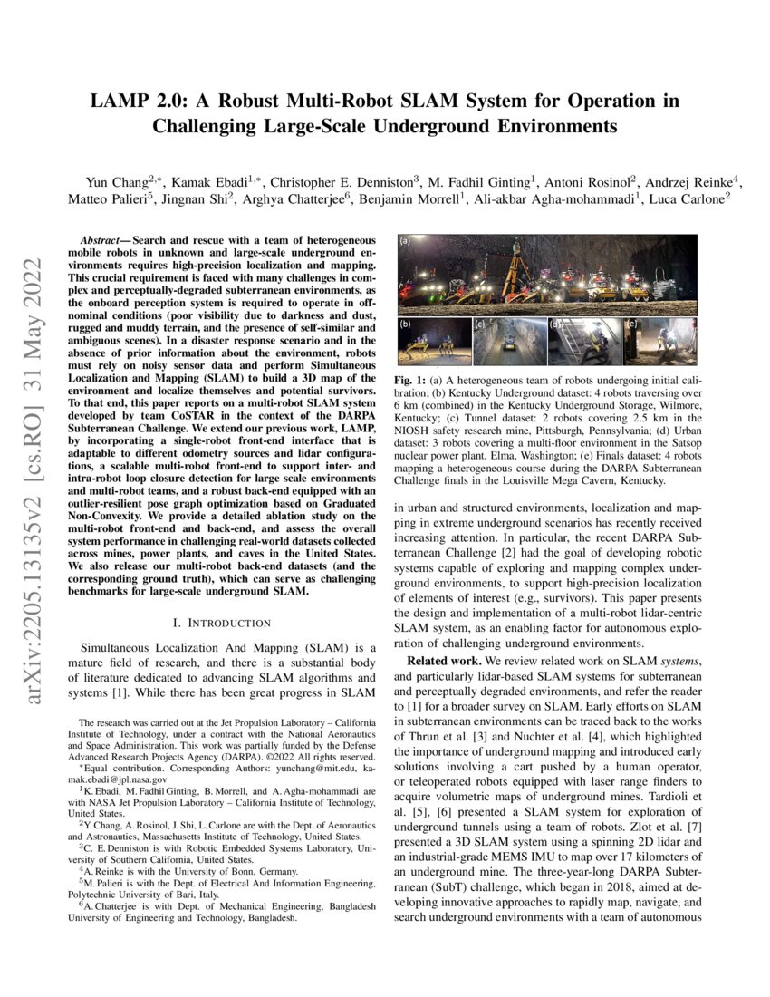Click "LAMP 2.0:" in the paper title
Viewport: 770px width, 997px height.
135,100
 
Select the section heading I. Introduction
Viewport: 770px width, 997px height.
221,623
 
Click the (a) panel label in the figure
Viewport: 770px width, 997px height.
405,242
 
